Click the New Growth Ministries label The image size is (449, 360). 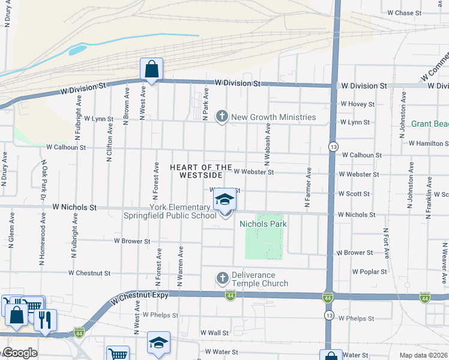click(274, 117)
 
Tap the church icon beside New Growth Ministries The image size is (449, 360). click(221, 116)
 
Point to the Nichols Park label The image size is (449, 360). click(263, 224)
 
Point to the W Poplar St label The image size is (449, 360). click(370, 272)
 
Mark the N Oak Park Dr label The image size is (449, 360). click(43, 179)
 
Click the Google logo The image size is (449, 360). click(20, 353)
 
